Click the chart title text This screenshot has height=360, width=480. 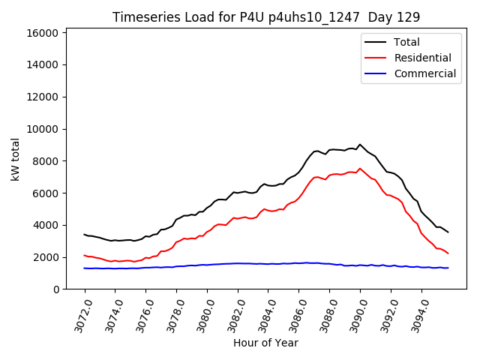pyautogui.click(x=265, y=16)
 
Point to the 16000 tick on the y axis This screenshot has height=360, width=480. pyautogui.click(x=43, y=33)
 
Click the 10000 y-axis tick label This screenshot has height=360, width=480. pyautogui.click(x=43, y=129)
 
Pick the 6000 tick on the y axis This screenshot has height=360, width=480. pyautogui.click(x=46, y=193)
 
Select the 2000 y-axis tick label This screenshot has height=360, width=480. pyautogui.click(x=46, y=257)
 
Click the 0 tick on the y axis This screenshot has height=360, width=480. pyautogui.click(x=56, y=289)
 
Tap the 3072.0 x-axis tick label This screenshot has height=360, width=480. pyautogui.click(x=79, y=314)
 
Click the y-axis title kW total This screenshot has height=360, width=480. pyautogui.click(x=15, y=159)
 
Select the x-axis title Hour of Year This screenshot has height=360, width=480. pyautogui.click(x=265, y=343)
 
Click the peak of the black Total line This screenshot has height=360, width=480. pyautogui.click(x=360, y=145)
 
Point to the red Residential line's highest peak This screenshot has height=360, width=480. pyautogui.click(x=360, y=169)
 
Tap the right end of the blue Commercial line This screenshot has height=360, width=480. pyautogui.click(x=448, y=268)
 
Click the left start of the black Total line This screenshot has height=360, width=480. pyautogui.click(x=84, y=234)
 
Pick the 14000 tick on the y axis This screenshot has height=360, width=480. pyautogui.click(x=43, y=65)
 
